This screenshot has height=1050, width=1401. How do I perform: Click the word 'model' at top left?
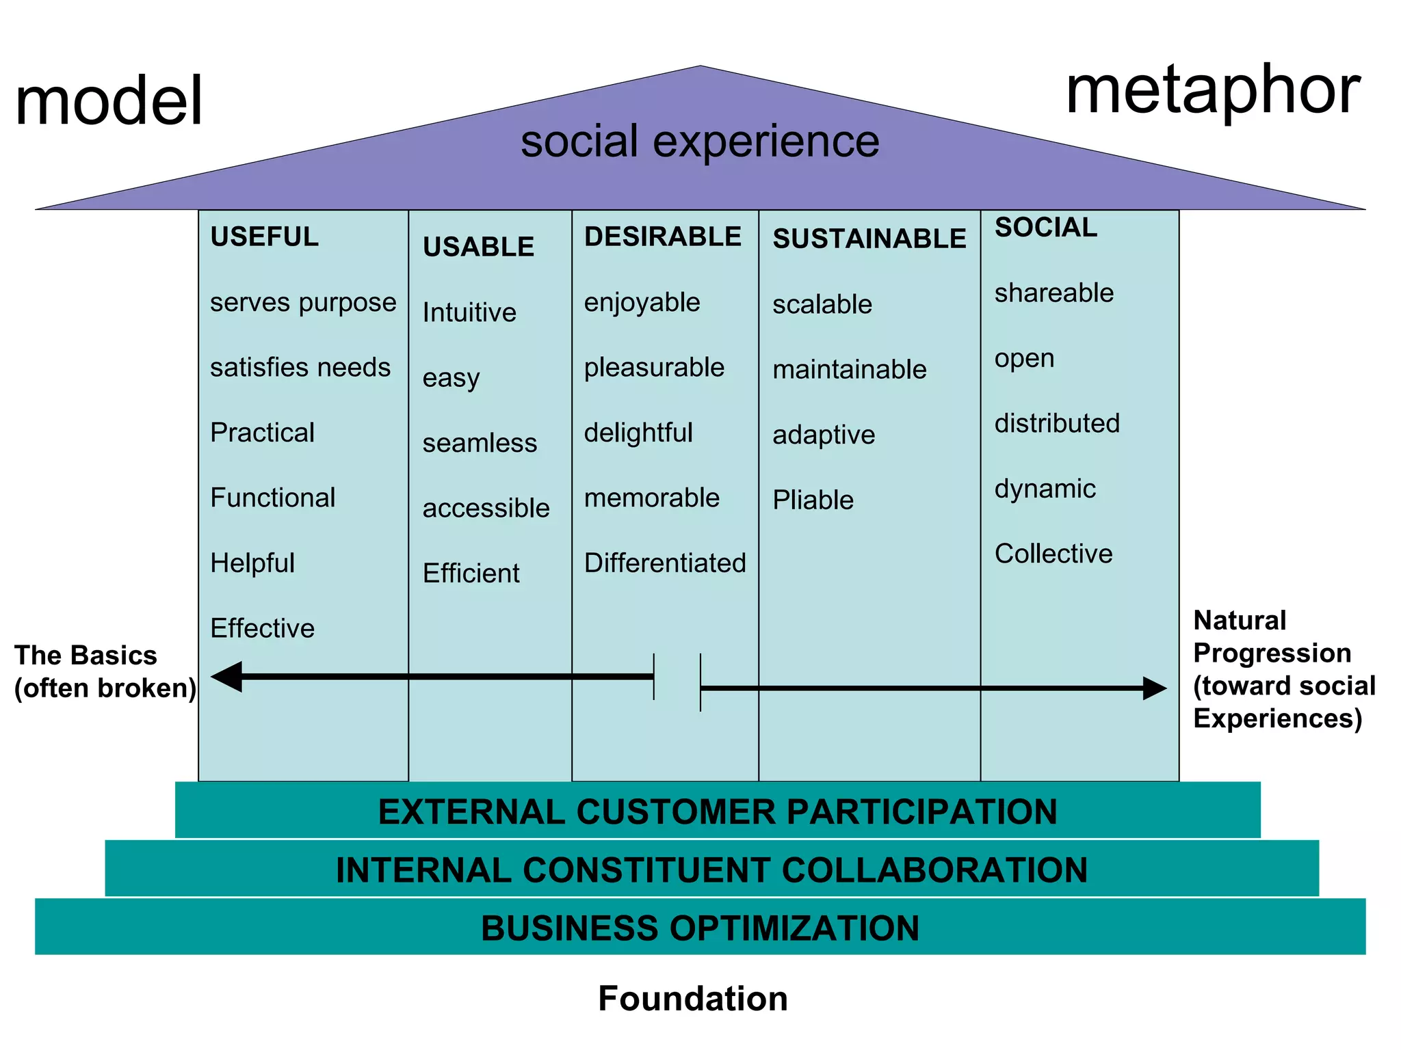(109, 101)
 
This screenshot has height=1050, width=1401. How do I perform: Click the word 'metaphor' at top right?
(1213, 92)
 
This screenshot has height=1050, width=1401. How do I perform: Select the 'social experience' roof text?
(700, 142)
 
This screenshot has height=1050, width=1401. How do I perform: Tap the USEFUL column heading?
(264, 237)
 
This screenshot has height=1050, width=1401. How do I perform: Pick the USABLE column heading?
(478, 247)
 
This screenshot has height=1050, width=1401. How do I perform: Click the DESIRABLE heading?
(662, 237)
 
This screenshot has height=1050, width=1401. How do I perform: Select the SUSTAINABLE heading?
(869, 239)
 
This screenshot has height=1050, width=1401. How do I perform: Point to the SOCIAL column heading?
(1045, 228)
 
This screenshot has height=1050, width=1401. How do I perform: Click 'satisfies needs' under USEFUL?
(300, 368)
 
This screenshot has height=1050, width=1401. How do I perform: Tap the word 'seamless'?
(480, 443)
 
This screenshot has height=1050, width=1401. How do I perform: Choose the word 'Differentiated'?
(665, 563)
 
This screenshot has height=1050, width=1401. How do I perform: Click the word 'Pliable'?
(813, 500)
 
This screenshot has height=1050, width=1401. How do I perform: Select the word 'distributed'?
(1057, 424)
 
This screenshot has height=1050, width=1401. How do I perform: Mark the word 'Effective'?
(262, 628)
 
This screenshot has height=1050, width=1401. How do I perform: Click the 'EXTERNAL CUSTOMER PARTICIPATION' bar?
(717, 812)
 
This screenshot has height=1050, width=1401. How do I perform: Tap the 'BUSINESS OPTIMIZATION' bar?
(700, 928)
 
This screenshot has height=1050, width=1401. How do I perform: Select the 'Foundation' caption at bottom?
(692, 999)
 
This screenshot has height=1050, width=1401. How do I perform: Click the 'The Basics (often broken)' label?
(105, 672)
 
